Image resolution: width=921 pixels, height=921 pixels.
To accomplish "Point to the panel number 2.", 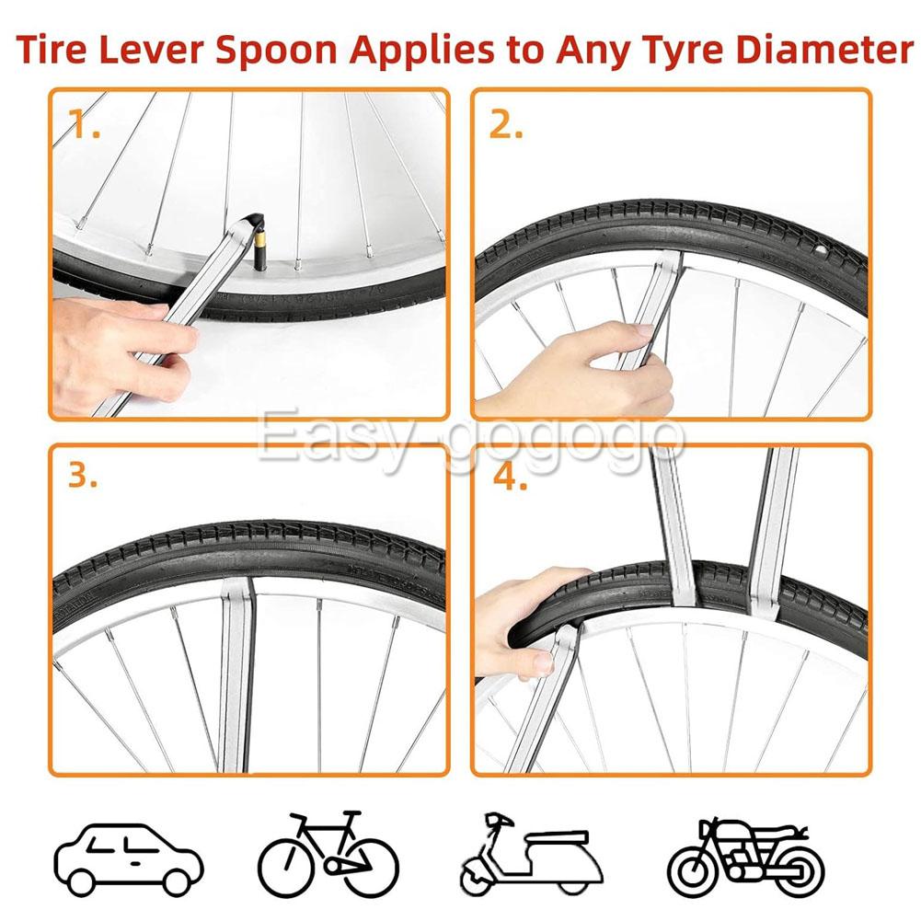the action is coord(506,125).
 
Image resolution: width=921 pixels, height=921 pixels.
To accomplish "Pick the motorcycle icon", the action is coord(746,858).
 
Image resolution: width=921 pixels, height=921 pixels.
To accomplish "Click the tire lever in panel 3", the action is coord(236,674).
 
